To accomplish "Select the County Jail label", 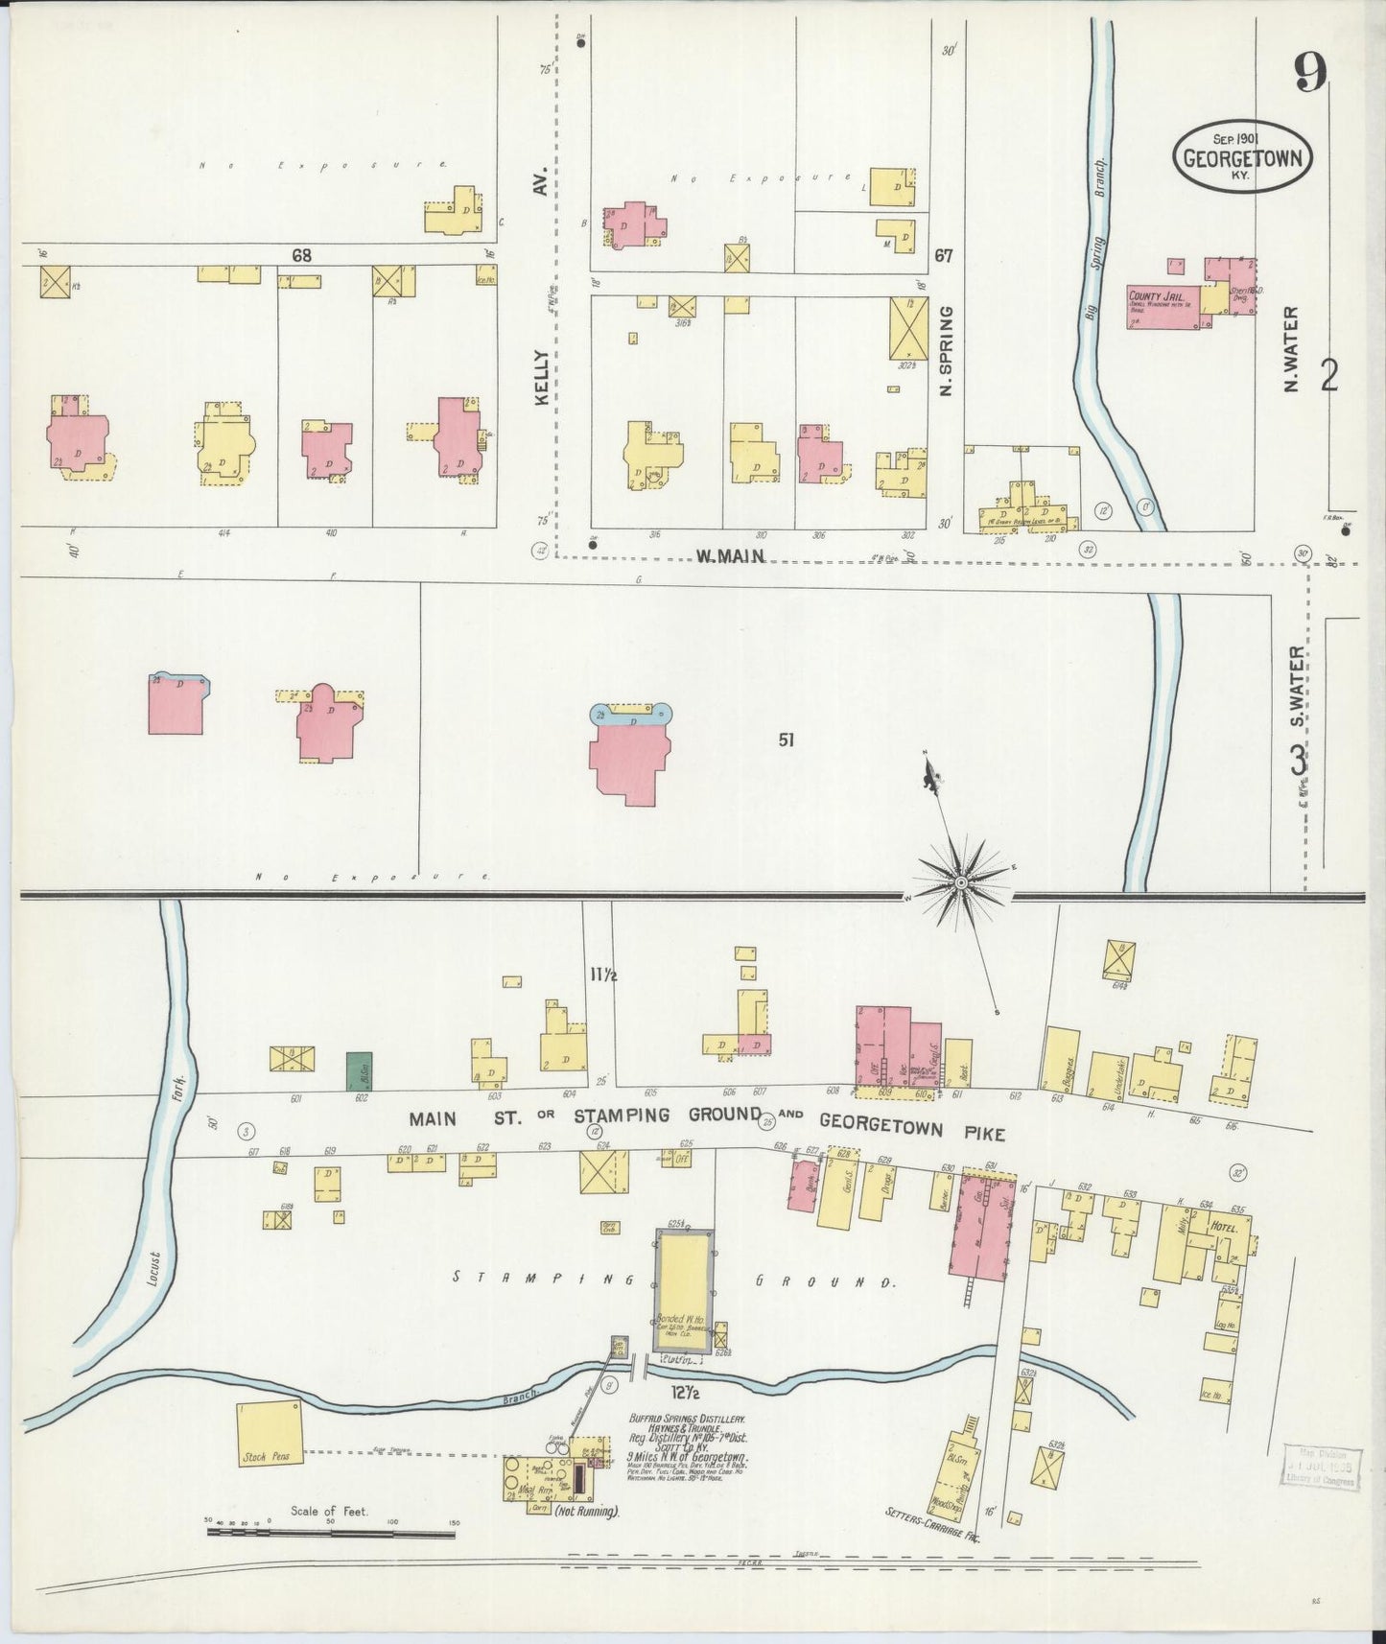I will pos(1159,296).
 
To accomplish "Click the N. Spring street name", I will pos(946,350).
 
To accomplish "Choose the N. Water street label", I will pos(1291,349).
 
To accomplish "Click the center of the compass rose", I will pos(960,881).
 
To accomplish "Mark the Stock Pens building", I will pos(270,1438).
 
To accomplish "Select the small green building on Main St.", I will pos(359,1069).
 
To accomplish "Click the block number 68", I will pos(303,256).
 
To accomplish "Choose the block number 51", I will pos(787,740).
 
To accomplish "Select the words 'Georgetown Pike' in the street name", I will pos(912,1129).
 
